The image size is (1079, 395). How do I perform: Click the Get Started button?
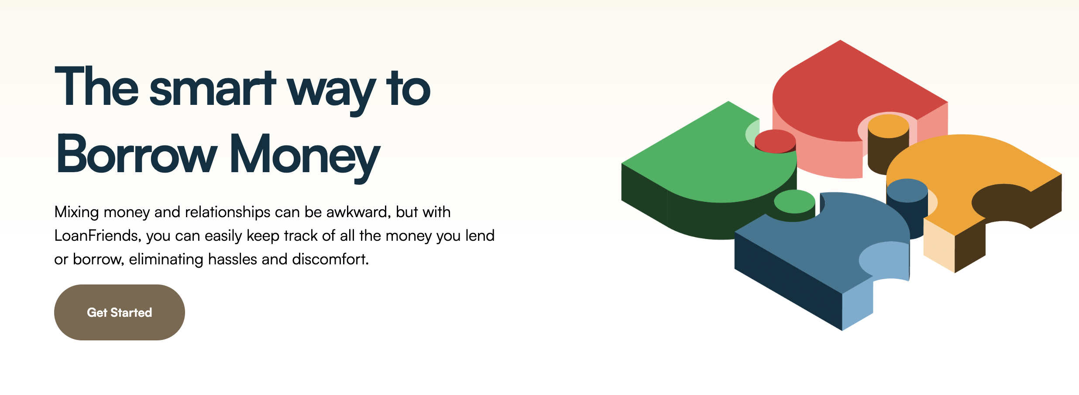(120, 312)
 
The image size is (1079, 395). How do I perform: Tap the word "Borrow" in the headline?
(137, 154)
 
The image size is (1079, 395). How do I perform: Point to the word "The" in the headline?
(96, 86)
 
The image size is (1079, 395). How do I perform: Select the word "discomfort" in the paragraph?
(330, 259)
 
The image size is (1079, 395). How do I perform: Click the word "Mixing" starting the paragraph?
(77, 213)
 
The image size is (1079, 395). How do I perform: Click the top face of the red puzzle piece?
(851, 96)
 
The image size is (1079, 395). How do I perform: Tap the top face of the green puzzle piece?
(707, 162)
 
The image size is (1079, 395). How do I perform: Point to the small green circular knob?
(794, 201)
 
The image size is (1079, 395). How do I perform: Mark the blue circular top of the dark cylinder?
(907, 191)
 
